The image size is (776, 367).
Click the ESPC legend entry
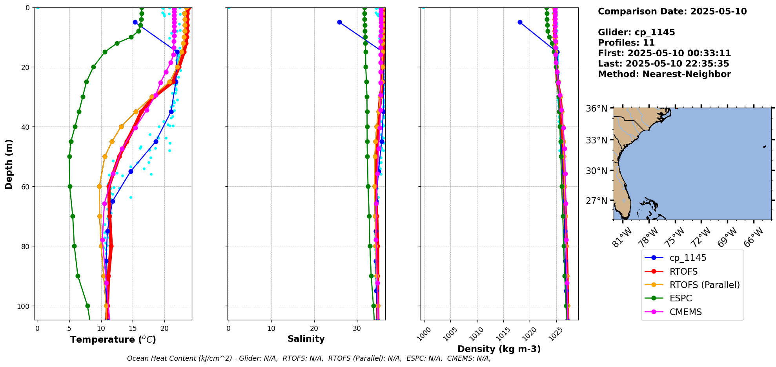681,298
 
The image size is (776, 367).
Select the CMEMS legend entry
685,312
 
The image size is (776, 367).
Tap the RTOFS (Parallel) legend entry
704,285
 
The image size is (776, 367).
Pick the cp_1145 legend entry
688,258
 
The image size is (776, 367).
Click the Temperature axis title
113,339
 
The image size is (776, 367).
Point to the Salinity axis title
306,339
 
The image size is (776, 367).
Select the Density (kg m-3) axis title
499,349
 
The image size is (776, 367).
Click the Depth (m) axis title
9,164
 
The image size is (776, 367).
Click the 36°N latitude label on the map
596,108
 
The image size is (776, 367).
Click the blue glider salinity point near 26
339,22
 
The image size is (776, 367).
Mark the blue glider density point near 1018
520,22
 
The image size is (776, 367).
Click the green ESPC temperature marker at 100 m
87,306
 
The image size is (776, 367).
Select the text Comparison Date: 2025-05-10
672,11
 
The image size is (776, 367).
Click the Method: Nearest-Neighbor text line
664,74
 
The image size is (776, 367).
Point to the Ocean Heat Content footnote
309,358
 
